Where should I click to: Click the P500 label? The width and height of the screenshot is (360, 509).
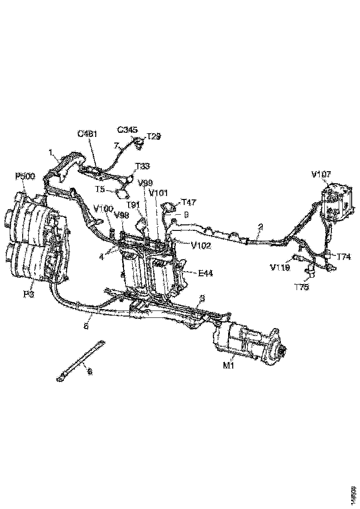tap(25, 176)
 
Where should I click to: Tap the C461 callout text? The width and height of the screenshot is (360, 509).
tap(87, 135)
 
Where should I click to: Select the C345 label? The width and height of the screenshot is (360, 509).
tap(127, 130)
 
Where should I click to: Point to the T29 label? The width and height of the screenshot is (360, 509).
tap(154, 136)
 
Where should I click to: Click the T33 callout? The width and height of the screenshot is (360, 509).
tap(142, 166)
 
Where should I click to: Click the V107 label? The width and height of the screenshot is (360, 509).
tap(322, 174)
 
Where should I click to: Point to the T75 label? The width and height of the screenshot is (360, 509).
tap(302, 286)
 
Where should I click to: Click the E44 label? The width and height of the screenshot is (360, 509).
tap(205, 273)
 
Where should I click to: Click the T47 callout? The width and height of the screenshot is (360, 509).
tap(188, 202)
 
